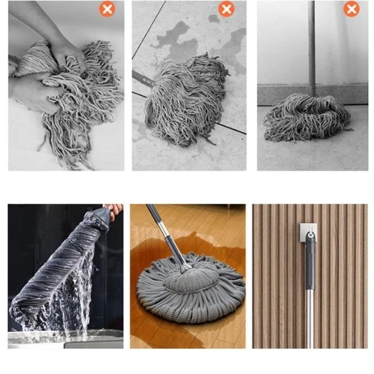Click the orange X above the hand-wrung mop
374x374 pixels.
107,9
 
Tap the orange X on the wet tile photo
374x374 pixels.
226,9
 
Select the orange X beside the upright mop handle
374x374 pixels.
351,9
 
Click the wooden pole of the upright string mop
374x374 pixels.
311,44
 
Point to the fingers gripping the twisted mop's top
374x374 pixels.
114,209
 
